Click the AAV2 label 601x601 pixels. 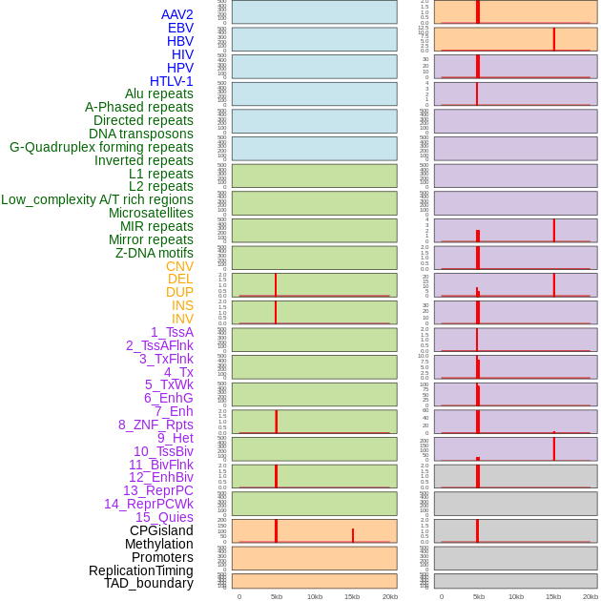(176, 14)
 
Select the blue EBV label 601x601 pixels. (179, 28)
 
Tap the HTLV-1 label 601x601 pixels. (171, 81)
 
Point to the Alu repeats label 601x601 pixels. (158, 93)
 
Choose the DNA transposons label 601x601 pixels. (141, 134)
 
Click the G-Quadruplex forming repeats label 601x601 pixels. (101, 147)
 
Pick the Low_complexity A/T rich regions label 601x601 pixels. (97, 199)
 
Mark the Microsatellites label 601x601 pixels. (151, 213)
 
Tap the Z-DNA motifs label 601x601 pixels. (154, 253)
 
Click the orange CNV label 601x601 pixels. (179, 266)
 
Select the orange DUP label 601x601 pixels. (179, 292)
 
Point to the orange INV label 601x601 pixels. (181, 319)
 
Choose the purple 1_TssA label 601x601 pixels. (172, 332)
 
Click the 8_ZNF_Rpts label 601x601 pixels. (155, 425)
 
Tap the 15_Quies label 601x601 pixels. (164, 517)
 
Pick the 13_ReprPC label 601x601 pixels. (157, 490)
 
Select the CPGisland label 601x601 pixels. (161, 530)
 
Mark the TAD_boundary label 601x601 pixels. (148, 583)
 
